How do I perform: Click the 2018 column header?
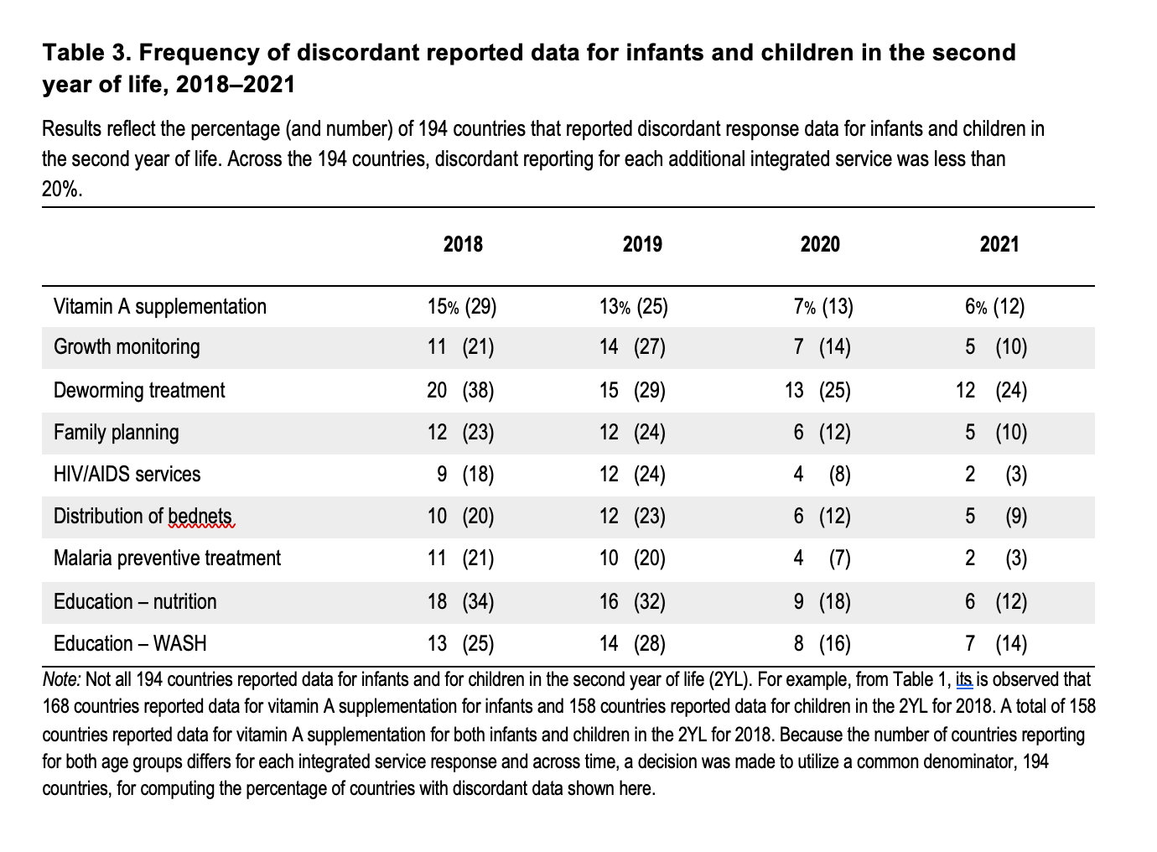[463, 244]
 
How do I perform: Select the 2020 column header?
[820, 244]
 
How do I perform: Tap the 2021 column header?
[999, 244]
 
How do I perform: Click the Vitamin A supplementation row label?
[160, 307]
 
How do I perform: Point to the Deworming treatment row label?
[139, 391]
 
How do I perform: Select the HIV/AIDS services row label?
[127, 475]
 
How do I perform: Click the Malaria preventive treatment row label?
[168, 558]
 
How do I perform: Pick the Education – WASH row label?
[130, 644]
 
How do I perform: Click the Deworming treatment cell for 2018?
[460, 391]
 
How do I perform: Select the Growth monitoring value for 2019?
[632, 346]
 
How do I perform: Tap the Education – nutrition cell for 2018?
[460, 602]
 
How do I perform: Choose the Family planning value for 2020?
[822, 433]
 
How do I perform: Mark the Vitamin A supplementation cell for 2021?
[995, 307]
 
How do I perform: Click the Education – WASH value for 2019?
[632, 644]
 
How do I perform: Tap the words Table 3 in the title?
[87, 53]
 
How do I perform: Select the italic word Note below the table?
[61, 679]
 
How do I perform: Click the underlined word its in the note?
[964, 679]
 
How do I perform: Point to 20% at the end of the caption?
[62, 190]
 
